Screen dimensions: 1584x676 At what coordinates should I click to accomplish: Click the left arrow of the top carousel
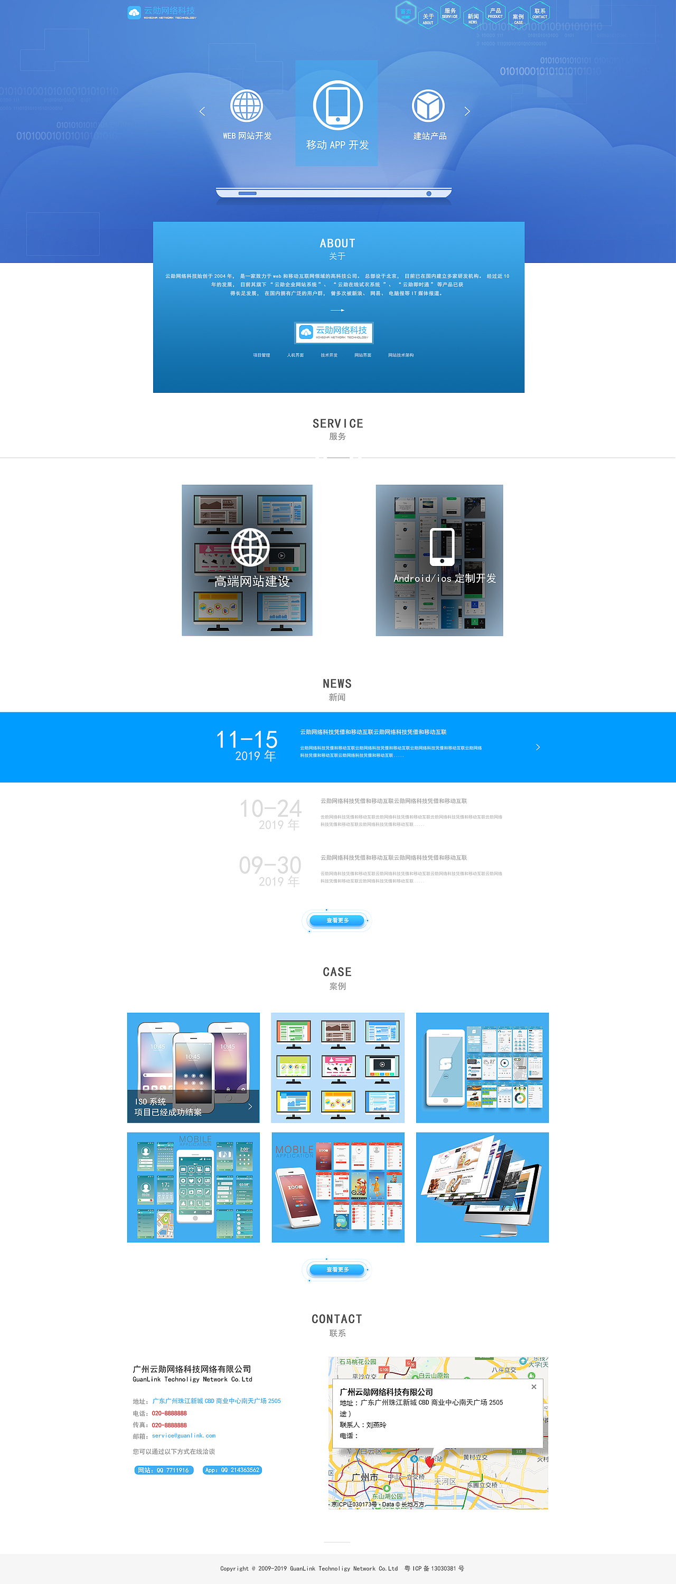click(x=202, y=111)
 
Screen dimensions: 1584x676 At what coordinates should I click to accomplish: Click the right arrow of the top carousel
click(x=467, y=111)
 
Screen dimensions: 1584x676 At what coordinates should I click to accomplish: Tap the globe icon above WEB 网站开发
click(x=247, y=106)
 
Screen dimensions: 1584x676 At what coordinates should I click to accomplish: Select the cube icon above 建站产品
click(x=428, y=106)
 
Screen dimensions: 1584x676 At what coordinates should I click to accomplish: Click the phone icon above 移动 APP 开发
click(x=337, y=105)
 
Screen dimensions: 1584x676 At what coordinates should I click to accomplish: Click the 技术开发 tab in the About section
click(x=329, y=355)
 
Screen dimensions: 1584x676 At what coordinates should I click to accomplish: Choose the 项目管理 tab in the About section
click(x=261, y=355)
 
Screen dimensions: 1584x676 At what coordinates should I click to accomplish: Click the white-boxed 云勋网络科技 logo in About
click(x=334, y=333)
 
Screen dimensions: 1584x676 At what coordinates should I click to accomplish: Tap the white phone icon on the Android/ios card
click(x=442, y=546)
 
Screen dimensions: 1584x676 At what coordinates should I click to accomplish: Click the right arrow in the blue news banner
click(x=538, y=747)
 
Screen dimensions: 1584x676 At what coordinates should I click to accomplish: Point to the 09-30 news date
click(x=270, y=870)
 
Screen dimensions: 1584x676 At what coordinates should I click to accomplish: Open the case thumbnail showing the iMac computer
click(x=482, y=1187)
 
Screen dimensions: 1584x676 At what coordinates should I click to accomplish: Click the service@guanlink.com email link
click(x=183, y=1436)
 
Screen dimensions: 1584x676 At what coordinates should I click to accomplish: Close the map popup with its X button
click(x=534, y=1387)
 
